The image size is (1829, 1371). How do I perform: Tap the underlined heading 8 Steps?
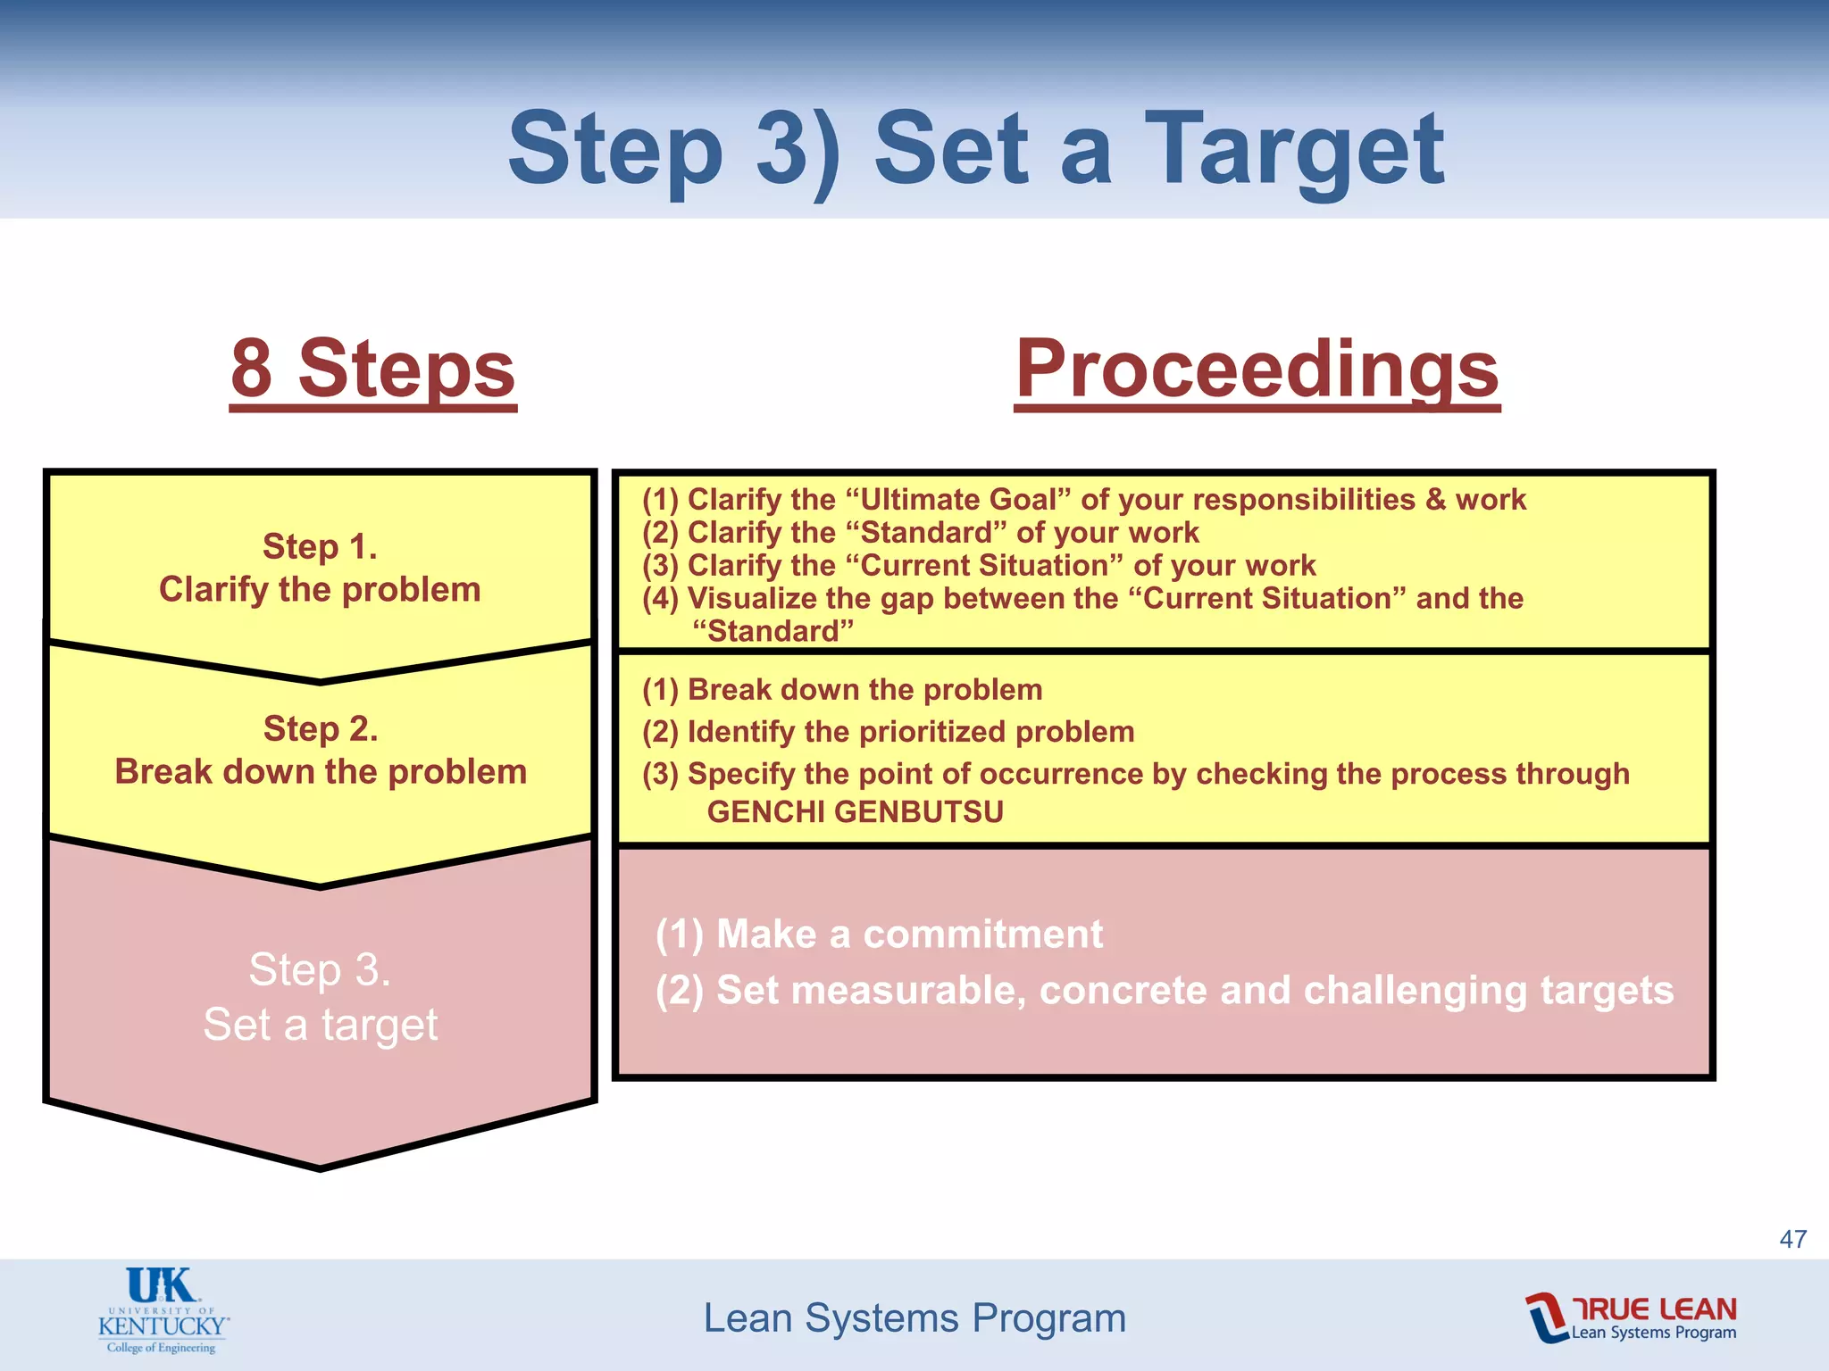click(373, 369)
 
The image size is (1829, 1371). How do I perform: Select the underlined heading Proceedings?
click(1257, 369)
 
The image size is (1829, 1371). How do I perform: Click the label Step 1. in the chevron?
click(320, 546)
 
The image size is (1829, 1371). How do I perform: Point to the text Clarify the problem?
click(320, 590)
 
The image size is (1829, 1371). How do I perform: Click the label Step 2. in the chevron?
click(320, 728)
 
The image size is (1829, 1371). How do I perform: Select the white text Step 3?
click(320, 969)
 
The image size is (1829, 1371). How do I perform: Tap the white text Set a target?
click(320, 1024)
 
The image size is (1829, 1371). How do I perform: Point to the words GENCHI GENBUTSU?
click(855, 812)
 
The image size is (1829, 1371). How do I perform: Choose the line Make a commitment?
click(880, 935)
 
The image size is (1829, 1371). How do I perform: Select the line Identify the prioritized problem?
click(888, 732)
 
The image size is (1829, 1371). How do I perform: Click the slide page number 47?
click(1792, 1239)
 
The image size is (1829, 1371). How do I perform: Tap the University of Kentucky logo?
click(163, 1310)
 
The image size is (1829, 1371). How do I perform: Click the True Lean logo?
click(1631, 1317)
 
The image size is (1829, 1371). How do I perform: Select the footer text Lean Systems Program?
click(914, 1318)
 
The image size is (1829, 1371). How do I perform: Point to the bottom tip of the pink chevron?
click(320, 1165)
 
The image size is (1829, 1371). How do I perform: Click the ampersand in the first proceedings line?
click(1435, 499)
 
